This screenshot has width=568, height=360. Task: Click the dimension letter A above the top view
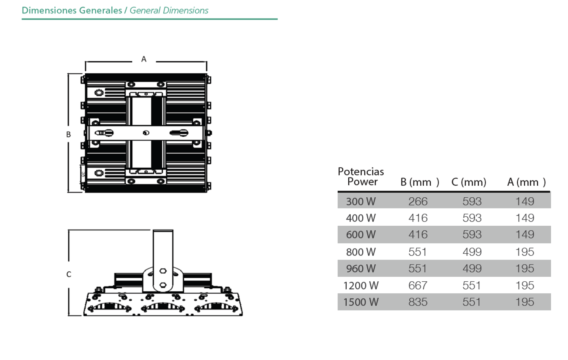(144, 59)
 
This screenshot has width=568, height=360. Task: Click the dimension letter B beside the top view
(68, 134)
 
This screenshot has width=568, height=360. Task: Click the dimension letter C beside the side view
(69, 274)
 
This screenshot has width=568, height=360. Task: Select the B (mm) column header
(420, 182)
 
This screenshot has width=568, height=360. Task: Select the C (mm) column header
(469, 182)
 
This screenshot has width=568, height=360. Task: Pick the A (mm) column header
(526, 182)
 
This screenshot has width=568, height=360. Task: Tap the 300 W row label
(361, 201)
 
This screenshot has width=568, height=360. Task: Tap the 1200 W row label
(361, 285)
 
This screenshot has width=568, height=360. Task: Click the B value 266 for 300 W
(418, 201)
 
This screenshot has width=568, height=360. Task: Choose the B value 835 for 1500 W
(418, 302)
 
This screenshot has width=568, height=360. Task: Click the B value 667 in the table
(418, 285)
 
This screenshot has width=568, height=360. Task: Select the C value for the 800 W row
(472, 252)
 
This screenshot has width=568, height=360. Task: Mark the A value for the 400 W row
(525, 218)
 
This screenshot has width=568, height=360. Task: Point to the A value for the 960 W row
(525, 268)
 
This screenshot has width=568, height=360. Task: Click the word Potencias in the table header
(361, 171)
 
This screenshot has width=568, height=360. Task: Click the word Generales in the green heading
(101, 10)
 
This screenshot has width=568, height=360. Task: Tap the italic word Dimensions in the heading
(185, 10)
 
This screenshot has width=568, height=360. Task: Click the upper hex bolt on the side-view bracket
(163, 271)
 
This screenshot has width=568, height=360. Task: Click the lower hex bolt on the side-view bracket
(163, 285)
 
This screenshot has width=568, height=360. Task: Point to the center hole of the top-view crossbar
(146, 133)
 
